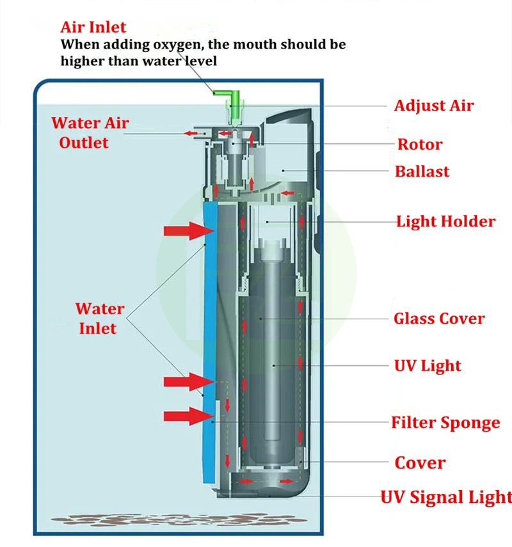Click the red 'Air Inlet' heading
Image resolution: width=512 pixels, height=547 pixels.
pyautogui.click(x=93, y=28)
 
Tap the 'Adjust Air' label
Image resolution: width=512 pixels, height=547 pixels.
pyautogui.click(x=433, y=106)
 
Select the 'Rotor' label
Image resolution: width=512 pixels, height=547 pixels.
pyautogui.click(x=419, y=144)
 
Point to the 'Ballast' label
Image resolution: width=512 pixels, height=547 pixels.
pyautogui.click(x=422, y=171)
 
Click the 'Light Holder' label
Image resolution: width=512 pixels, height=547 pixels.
pyautogui.click(x=445, y=222)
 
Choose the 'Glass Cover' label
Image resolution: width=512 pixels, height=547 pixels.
pyautogui.click(x=438, y=319)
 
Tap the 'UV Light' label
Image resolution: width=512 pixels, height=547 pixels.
pyautogui.click(x=427, y=366)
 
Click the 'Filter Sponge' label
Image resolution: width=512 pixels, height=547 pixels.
pyautogui.click(x=445, y=423)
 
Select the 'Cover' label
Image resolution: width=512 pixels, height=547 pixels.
pyautogui.click(x=420, y=463)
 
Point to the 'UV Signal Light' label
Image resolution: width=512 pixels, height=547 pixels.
pyautogui.click(x=446, y=497)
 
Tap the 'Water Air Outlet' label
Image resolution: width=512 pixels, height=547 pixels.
pyautogui.click(x=90, y=132)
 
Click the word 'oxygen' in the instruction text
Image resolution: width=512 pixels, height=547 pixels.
pyautogui.click(x=174, y=45)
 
